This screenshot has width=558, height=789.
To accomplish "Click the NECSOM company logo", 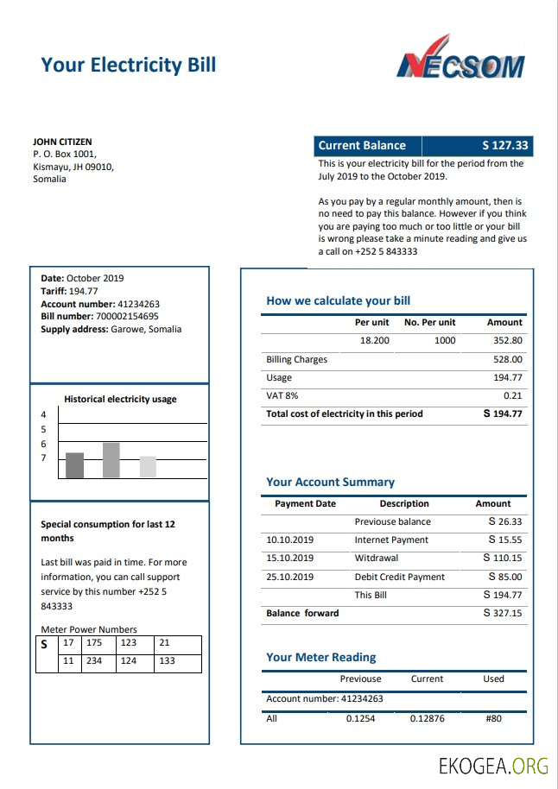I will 460,59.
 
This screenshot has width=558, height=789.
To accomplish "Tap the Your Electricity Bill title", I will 128,65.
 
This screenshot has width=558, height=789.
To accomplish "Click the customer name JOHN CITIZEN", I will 62,142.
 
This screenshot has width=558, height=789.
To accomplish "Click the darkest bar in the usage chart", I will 75,465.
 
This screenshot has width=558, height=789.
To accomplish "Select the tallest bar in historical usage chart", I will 111,460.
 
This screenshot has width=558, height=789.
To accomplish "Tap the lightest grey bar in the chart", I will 148,467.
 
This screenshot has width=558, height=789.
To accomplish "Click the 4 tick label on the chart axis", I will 44,415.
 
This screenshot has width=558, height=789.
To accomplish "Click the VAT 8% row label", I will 282,395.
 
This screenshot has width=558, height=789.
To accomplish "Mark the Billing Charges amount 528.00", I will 507,359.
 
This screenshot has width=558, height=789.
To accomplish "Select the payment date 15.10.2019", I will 289,559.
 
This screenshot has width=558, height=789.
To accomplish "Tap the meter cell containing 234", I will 94,661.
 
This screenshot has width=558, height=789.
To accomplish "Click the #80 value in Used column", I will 493,718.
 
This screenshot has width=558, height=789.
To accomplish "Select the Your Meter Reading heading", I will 320,658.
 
